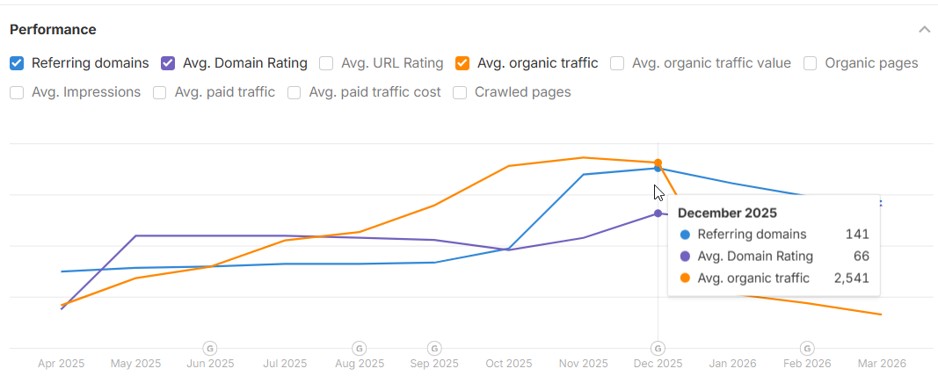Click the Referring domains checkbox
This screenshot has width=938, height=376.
click(x=17, y=63)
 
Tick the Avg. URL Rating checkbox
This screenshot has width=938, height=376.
click(x=326, y=63)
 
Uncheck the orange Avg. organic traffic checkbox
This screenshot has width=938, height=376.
click(x=462, y=63)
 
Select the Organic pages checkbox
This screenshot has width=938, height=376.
click(x=811, y=63)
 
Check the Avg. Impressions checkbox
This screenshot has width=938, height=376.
click(x=17, y=92)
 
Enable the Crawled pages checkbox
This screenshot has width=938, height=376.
click(x=460, y=92)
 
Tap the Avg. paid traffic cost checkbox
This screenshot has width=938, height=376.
click(x=294, y=92)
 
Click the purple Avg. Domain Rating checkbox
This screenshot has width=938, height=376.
click(x=169, y=63)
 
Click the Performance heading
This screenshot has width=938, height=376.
click(x=53, y=29)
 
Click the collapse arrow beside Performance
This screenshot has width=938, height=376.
click(x=924, y=29)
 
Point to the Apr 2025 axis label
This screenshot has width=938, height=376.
click(x=62, y=363)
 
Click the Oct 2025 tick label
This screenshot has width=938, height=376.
click(x=509, y=363)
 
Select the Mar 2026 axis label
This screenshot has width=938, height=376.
click(x=882, y=363)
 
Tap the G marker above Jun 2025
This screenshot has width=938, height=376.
click(x=210, y=348)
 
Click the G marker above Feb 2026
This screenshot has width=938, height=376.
click(x=807, y=348)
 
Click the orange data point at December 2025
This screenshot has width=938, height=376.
click(x=658, y=163)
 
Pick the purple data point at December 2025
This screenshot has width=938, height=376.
click(x=658, y=213)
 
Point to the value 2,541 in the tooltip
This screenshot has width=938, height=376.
click(x=851, y=278)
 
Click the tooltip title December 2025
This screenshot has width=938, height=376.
click(x=727, y=213)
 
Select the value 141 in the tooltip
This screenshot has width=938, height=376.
click(x=857, y=235)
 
